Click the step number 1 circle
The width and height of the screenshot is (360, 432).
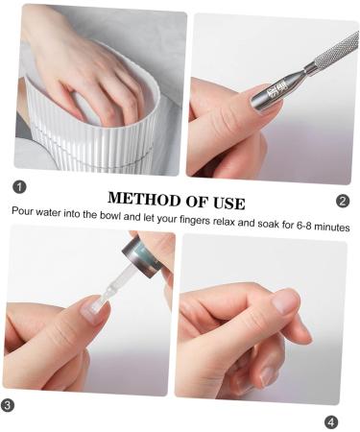[19, 186]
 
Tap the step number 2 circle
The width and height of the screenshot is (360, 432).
[343, 201]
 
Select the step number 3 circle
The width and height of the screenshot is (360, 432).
[8, 405]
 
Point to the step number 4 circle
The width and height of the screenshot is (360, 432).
[331, 422]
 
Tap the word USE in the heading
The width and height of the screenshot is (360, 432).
[229, 204]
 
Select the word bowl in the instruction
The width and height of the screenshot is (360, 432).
[110, 216]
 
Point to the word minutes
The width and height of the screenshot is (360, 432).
[332, 227]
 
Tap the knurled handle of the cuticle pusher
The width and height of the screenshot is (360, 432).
[336, 51]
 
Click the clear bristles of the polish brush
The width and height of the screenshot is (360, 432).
[107, 294]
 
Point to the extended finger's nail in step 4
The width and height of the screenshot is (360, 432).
[286, 300]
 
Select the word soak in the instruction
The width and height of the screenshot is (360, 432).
[269, 224]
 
